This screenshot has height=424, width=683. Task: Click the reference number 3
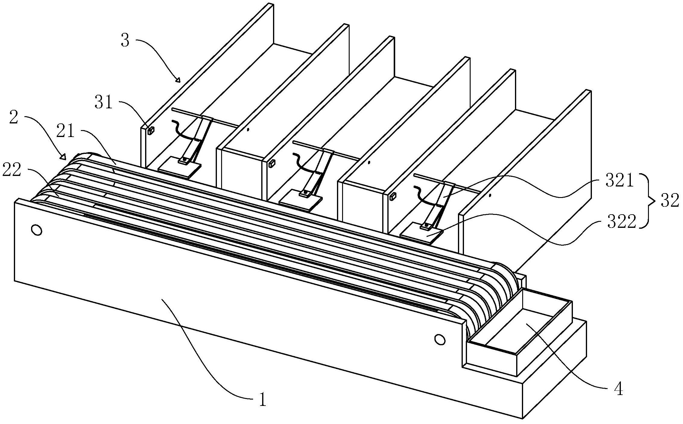(x=125, y=40)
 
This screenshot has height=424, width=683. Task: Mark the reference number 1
(x=263, y=400)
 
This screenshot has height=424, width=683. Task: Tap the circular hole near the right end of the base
(x=440, y=339)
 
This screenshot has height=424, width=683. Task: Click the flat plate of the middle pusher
(x=300, y=200)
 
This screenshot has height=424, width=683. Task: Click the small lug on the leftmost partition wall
(x=151, y=130)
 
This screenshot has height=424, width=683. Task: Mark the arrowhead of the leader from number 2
(x=63, y=157)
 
